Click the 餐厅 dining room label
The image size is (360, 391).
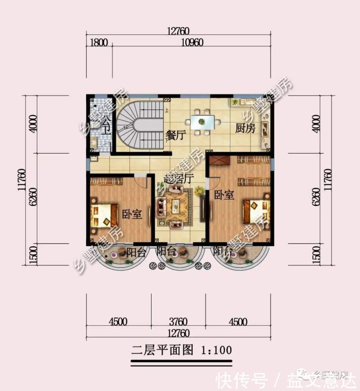[x=175, y=136]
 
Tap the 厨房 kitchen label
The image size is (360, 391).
[x=245, y=129]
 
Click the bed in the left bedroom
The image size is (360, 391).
[x=104, y=215]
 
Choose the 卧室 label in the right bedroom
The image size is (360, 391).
[x=224, y=195]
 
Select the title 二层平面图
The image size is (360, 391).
[x=162, y=350]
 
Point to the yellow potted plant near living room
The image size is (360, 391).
[x=199, y=191]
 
